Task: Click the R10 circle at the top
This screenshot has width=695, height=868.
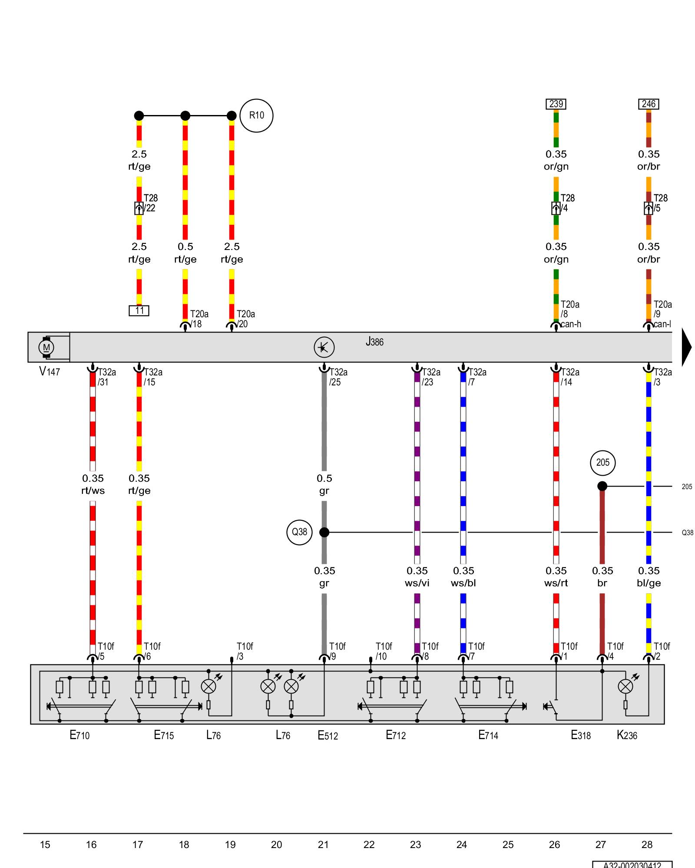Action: pos(256,115)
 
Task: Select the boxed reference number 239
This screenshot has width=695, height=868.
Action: pos(556,104)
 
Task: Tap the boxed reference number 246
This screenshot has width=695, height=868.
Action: pos(649,104)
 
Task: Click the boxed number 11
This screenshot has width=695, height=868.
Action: pos(139,311)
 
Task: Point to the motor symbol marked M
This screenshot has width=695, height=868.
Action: pos(46,347)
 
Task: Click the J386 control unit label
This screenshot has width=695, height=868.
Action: pos(374,342)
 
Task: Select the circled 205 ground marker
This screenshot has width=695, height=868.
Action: pos(602,463)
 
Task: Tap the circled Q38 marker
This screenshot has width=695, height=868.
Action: pos(300,532)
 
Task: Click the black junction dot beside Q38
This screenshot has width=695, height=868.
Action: pos(324,532)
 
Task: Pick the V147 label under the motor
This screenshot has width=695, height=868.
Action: pos(50,372)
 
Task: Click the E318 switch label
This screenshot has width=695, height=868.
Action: pos(581,735)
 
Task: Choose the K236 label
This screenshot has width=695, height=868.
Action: pos(627,735)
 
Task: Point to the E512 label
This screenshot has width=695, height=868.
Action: pos(328,735)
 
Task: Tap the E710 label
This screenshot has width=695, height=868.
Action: pos(79,735)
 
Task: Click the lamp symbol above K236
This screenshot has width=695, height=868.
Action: pos(625,686)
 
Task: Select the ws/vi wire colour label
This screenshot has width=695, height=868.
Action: pos(417,583)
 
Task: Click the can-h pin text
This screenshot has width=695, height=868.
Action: pos(571,324)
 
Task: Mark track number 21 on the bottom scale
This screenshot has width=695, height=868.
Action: pos(323,845)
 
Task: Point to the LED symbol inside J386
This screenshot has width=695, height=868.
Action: pos(324,347)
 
